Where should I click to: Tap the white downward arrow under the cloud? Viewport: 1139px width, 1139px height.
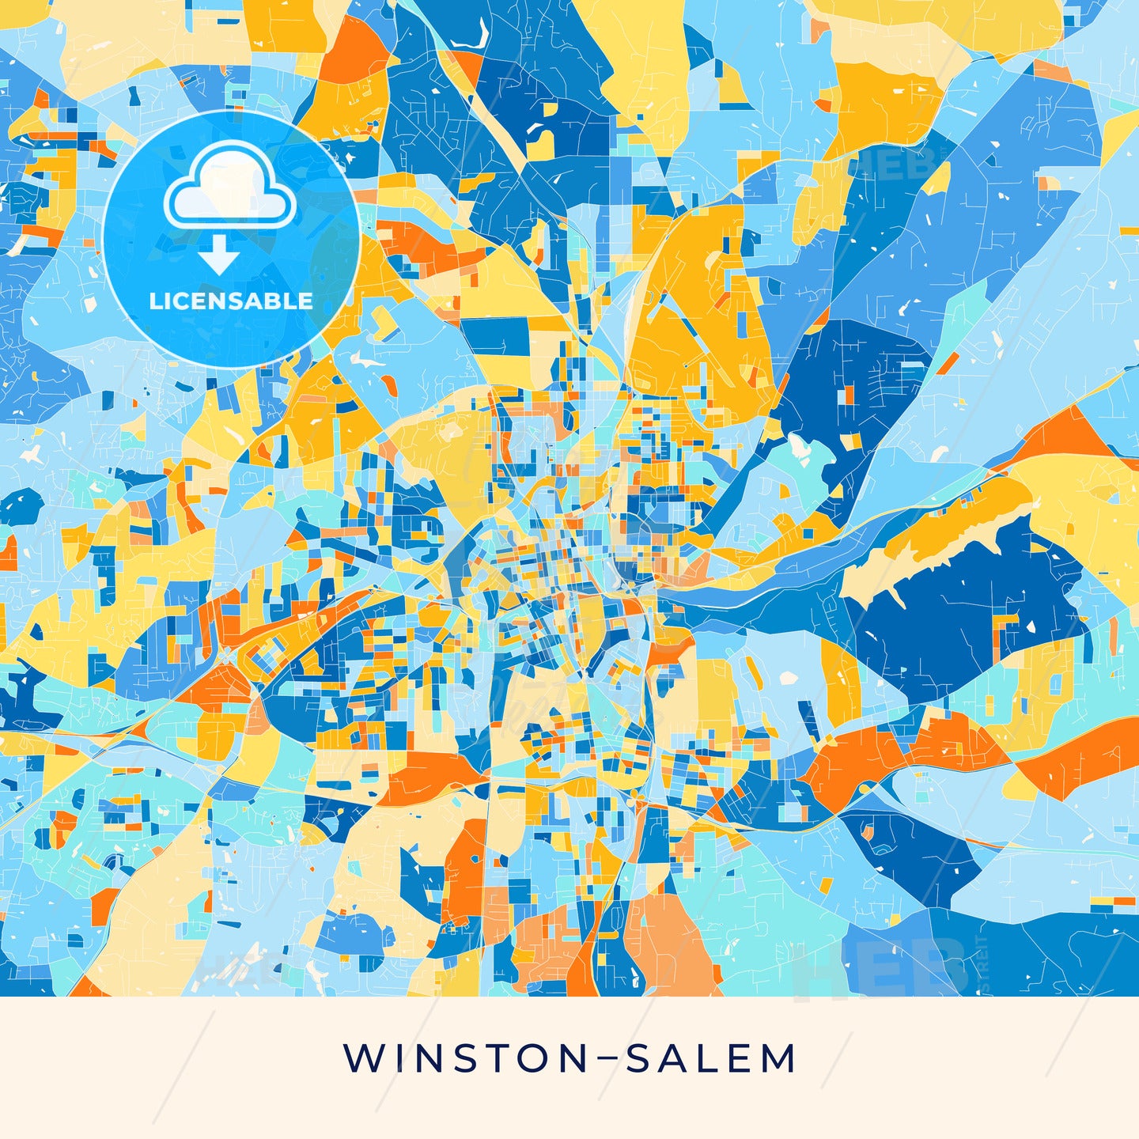pyautogui.click(x=219, y=256)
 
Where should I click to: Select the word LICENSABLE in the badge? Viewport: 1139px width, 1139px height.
pyautogui.click(x=231, y=301)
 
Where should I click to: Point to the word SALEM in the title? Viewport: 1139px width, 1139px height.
pyautogui.click(x=710, y=1058)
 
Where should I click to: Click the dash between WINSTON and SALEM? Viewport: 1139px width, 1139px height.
pyautogui.click(x=605, y=1058)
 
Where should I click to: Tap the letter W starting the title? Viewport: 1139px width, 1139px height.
pyautogui.click(x=360, y=1058)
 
